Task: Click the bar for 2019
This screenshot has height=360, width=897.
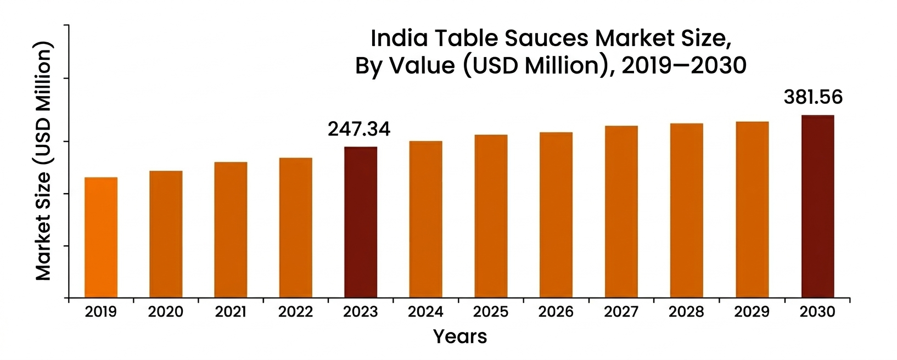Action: (x=100, y=238)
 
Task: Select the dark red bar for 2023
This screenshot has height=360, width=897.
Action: (x=361, y=222)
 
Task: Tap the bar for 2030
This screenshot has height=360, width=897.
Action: (x=817, y=206)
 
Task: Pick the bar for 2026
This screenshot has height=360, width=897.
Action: (x=556, y=215)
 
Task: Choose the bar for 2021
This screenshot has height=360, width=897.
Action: (x=231, y=230)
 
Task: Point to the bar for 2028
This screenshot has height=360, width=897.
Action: (x=686, y=211)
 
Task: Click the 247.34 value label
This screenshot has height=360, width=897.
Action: (x=359, y=130)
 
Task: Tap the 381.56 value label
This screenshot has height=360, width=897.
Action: (x=813, y=97)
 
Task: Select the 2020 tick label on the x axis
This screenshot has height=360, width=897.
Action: (x=165, y=312)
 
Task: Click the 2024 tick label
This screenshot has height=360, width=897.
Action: (x=425, y=312)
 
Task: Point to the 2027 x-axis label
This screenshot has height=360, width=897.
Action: (x=621, y=312)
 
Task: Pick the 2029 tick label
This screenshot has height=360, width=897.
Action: (x=752, y=312)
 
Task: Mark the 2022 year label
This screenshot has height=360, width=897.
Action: (x=295, y=312)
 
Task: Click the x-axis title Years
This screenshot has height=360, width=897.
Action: (x=459, y=336)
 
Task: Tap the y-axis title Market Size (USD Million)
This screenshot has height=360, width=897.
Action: (x=43, y=162)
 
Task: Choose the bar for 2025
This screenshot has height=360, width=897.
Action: (x=491, y=216)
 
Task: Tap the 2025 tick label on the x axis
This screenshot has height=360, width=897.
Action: (x=491, y=312)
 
